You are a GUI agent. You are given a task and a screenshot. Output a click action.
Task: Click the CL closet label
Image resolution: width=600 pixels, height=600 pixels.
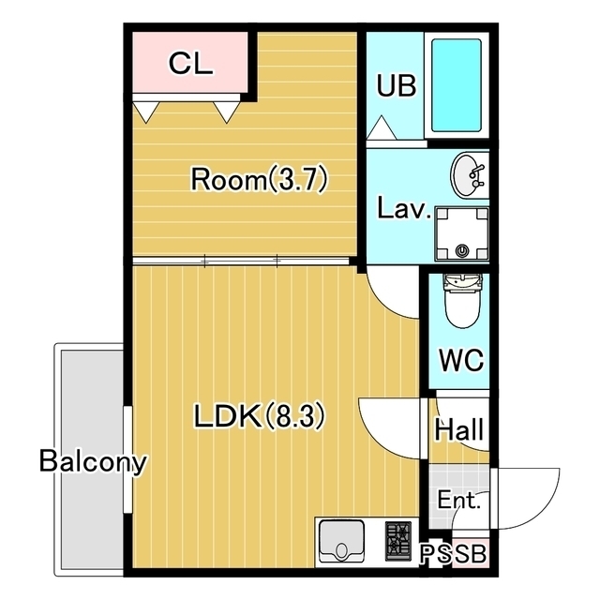190,64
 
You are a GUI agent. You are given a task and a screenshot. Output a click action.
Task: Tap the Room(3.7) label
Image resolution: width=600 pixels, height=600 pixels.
260,179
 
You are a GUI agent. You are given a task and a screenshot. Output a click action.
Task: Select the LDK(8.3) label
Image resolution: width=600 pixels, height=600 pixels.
260,416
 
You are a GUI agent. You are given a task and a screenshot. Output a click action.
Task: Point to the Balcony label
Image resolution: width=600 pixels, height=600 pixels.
93,462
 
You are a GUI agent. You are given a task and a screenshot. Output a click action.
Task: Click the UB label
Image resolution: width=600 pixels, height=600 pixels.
396,85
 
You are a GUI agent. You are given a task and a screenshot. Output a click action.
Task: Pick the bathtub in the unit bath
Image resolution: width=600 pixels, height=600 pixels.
457,85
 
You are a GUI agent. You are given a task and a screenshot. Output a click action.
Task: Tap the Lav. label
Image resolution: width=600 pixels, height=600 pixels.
404,208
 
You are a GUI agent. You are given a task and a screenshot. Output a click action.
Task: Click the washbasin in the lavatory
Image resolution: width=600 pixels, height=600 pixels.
470,174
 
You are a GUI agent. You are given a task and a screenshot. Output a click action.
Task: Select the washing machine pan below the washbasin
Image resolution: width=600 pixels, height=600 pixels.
462,233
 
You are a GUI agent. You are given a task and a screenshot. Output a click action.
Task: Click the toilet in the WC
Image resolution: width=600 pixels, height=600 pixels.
462,300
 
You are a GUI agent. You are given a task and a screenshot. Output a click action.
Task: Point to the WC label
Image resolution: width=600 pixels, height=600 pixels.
461,360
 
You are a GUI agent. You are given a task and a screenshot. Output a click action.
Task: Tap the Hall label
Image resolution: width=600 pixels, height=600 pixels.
458,429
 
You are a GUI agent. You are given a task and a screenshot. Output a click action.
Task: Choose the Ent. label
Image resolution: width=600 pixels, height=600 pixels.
458,500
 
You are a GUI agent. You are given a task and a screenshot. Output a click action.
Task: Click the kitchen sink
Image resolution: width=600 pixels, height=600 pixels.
341,541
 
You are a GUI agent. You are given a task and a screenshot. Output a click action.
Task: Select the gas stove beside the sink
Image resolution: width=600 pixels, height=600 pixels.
398,542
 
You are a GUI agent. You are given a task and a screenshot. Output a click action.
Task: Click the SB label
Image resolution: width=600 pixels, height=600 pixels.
470,553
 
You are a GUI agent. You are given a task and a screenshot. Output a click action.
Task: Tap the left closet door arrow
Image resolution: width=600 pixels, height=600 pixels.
146,112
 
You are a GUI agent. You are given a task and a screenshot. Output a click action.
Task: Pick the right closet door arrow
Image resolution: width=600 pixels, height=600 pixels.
227,112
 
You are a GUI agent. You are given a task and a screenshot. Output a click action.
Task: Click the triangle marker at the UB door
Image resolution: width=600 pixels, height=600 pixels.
382,127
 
